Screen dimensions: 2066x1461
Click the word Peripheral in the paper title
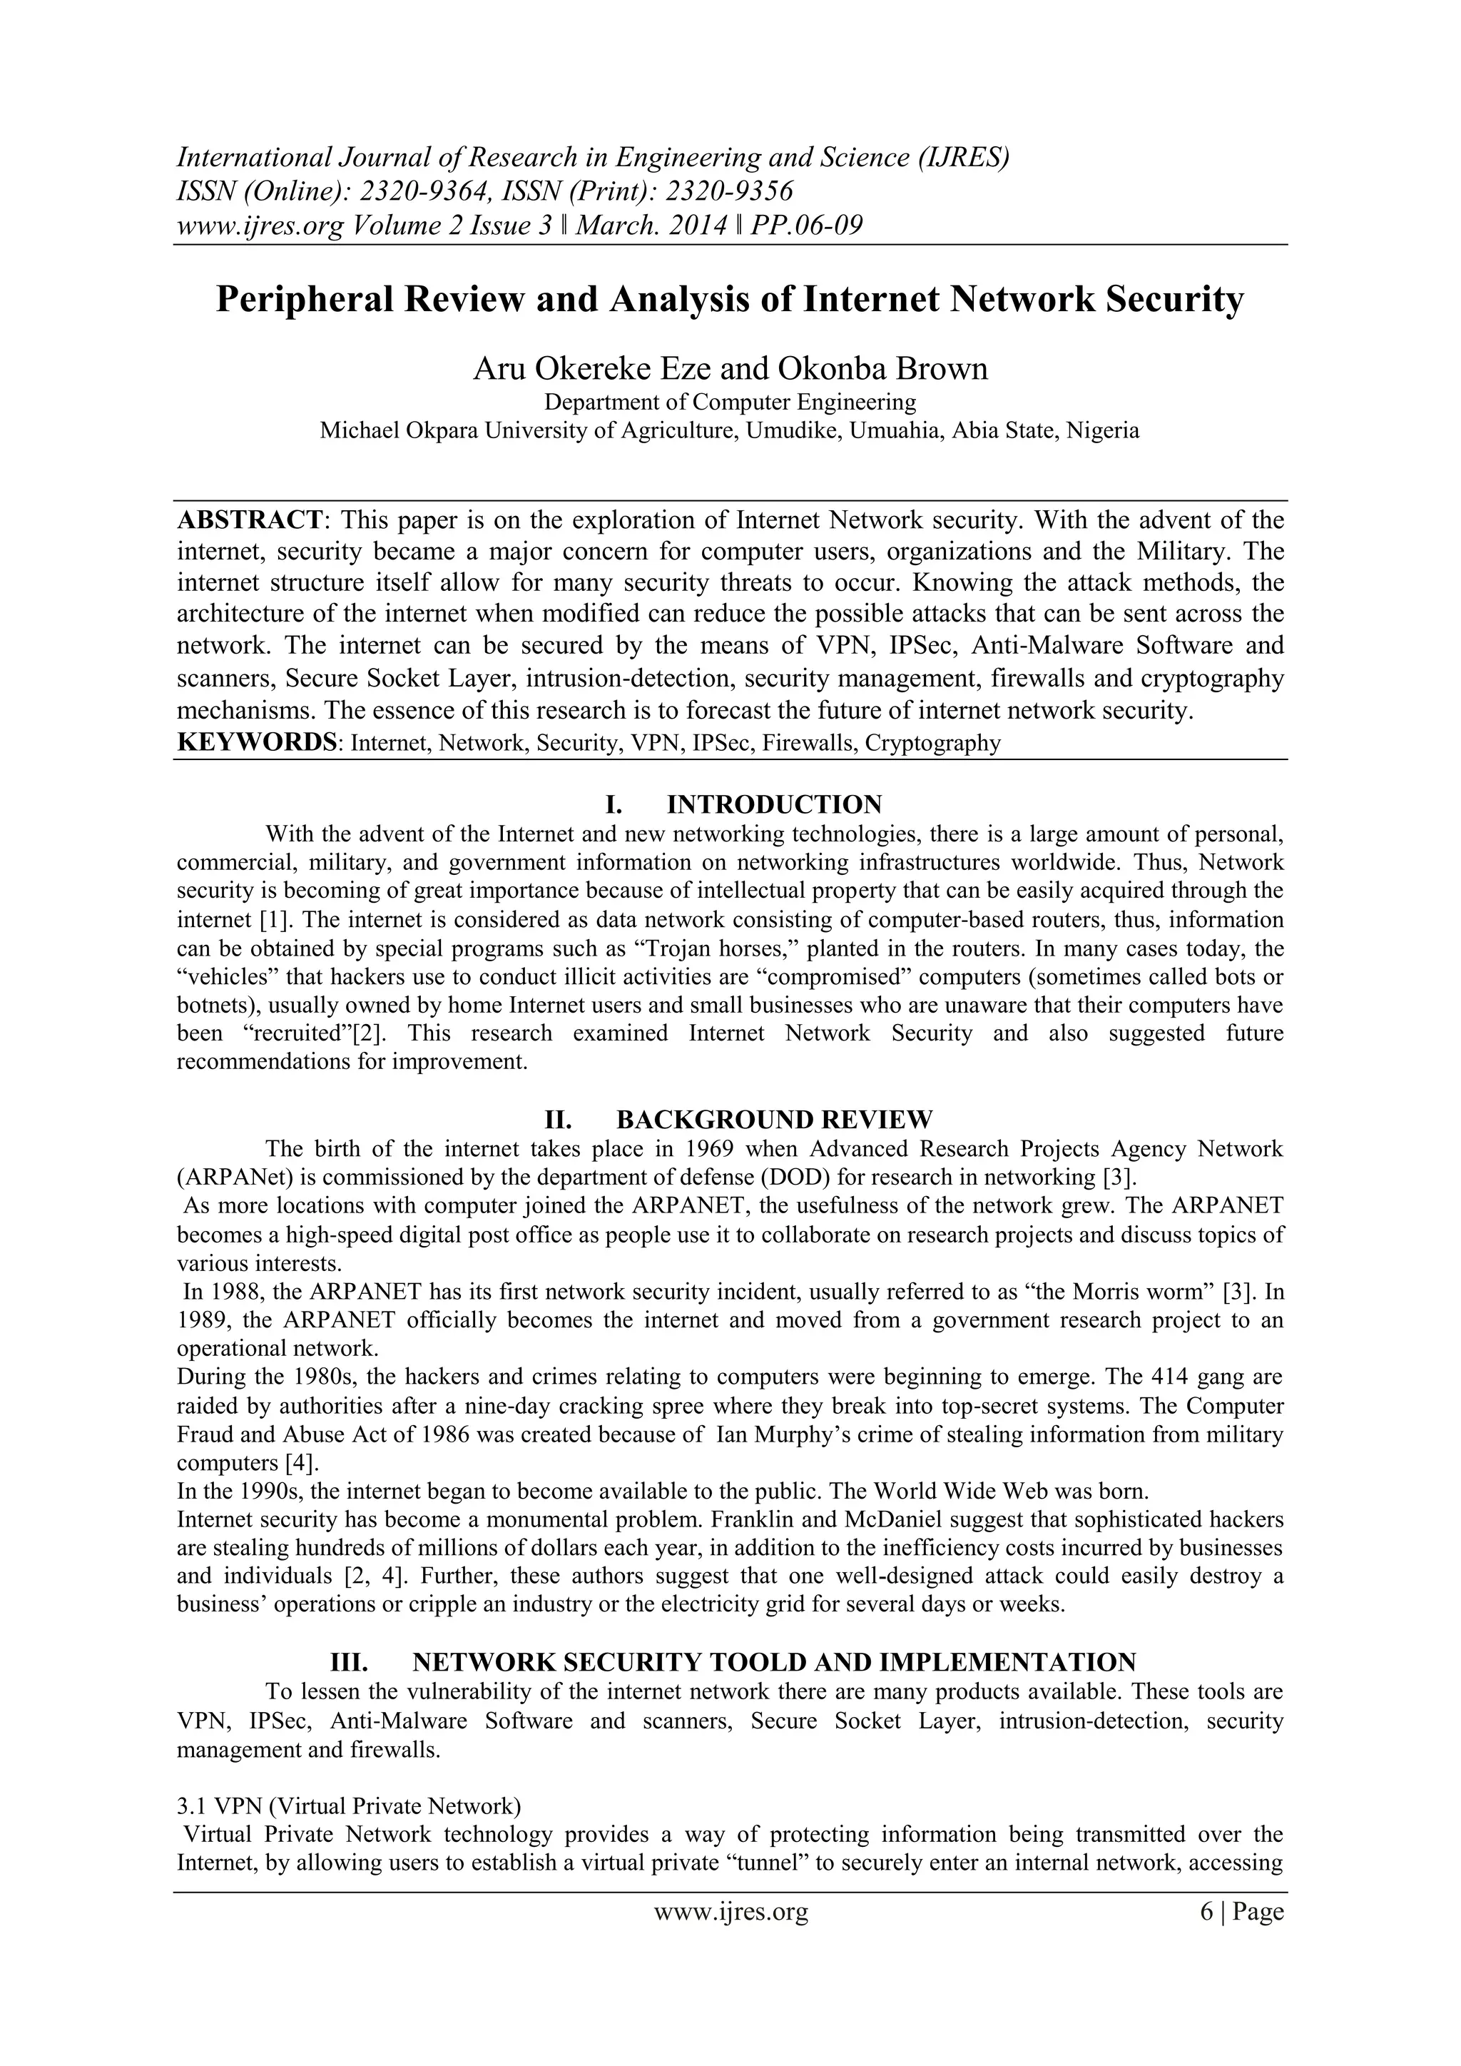[x=306, y=300]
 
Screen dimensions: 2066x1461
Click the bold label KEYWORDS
[x=256, y=743]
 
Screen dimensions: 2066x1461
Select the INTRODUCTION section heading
[x=774, y=804]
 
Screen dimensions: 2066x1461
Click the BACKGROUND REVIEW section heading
[x=774, y=1120]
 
